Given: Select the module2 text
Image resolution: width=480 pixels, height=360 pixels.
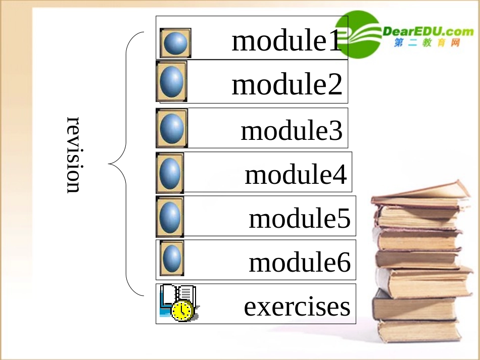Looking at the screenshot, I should point(287,85).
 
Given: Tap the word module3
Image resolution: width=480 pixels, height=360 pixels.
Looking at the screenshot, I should point(292,130).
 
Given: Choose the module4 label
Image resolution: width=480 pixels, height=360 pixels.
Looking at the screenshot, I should point(296,175).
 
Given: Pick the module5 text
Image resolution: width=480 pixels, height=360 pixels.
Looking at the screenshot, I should point(300,219).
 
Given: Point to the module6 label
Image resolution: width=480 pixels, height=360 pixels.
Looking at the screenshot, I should point(300,262).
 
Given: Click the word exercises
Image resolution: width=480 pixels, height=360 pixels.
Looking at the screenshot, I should point(297,306).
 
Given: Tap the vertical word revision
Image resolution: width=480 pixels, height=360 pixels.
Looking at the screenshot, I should point(74,155).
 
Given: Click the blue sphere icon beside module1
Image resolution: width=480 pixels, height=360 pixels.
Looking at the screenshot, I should point(175,43).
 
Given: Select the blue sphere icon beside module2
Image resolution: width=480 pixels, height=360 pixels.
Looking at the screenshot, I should point(171,82).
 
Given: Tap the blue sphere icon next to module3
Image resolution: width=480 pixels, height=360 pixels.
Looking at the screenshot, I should point(172,129).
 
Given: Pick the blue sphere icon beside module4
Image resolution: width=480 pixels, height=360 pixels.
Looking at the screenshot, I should point(170,173).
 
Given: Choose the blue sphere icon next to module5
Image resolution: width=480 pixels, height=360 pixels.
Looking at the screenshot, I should point(170,217).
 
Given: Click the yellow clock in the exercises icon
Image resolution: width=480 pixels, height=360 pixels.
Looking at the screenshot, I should point(182,310).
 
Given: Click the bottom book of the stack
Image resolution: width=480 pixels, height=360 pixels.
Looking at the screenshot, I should point(419,331).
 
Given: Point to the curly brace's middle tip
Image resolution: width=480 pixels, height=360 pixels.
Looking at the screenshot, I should point(110,164).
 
